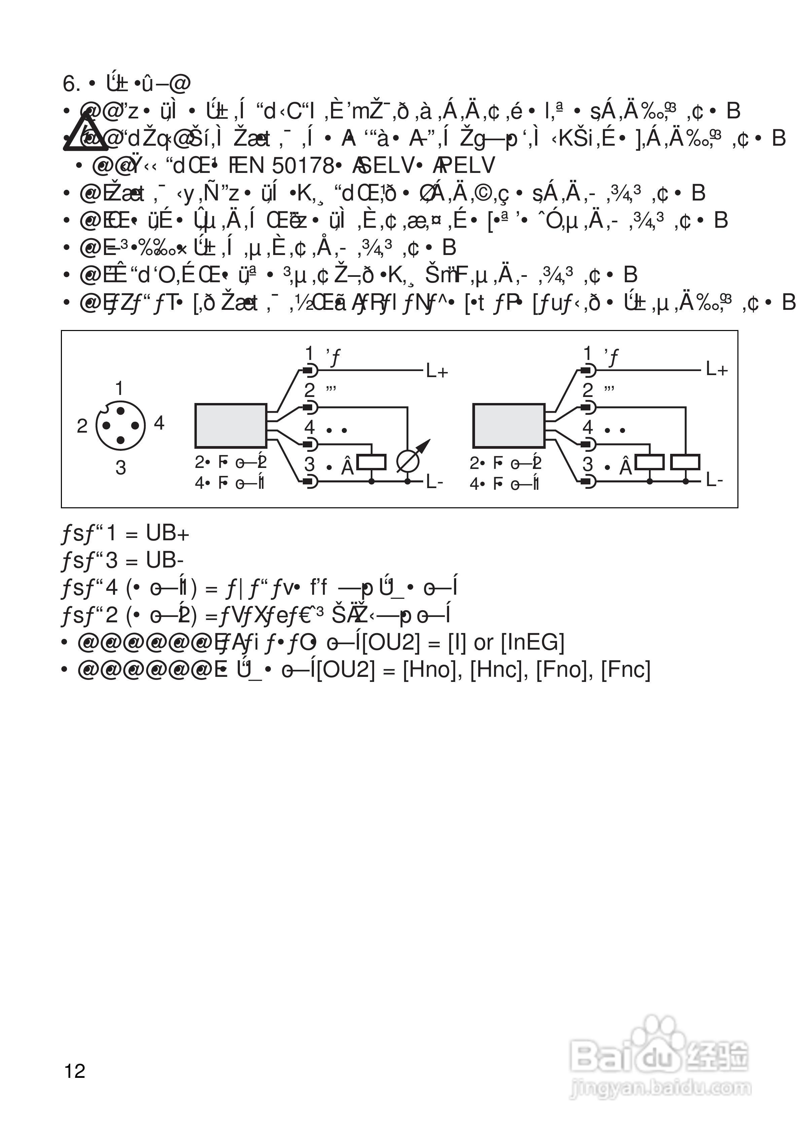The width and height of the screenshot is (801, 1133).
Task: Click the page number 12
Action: pyautogui.click(x=75, y=1071)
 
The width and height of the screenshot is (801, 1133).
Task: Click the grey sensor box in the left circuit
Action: pyautogui.click(x=230, y=425)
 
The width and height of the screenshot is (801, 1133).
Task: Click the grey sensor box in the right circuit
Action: pyautogui.click(x=508, y=425)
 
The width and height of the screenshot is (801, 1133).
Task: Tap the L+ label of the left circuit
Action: pyautogui.click(x=437, y=371)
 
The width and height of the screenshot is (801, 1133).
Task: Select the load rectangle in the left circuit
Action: pyautogui.click(x=371, y=462)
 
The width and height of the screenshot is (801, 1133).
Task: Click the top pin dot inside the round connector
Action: pyautogui.click(x=120, y=410)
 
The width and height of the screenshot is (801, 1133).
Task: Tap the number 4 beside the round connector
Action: pyautogui.click(x=159, y=423)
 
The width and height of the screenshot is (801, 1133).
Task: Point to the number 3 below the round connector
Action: pyautogui.click(x=120, y=467)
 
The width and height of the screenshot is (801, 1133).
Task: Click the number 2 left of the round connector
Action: pyautogui.click(x=82, y=425)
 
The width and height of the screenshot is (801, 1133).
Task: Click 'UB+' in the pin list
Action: pyautogui.click(x=167, y=534)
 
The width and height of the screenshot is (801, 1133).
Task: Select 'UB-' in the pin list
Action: pyautogui.click(x=165, y=560)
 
